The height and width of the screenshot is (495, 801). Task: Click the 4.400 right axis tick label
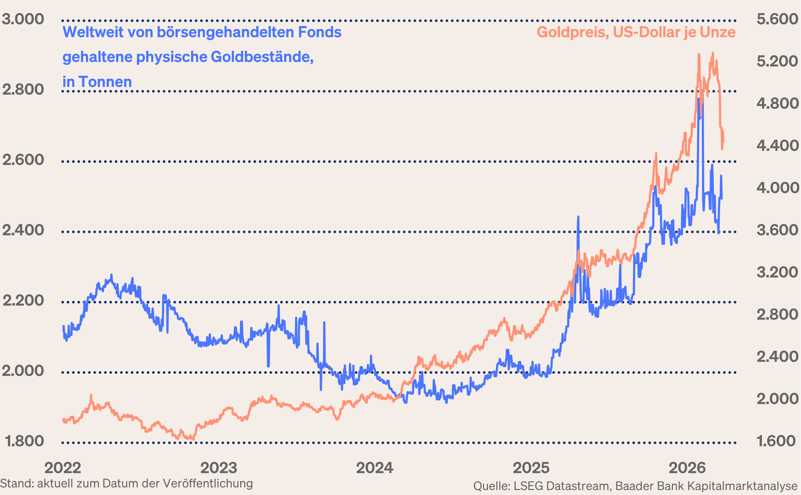(x=777, y=146)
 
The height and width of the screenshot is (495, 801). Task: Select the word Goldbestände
(x=262, y=57)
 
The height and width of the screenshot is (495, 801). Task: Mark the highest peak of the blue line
(x=699, y=99)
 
